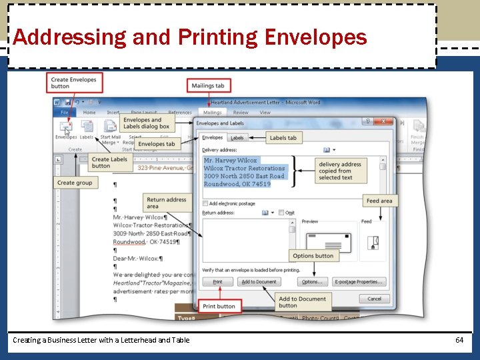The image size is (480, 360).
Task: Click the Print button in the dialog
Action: point(217,282)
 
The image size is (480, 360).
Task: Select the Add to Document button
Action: point(259,282)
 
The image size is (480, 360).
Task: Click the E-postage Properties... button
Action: point(359,282)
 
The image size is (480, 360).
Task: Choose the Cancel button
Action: point(374,299)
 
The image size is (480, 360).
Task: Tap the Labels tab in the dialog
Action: point(237,138)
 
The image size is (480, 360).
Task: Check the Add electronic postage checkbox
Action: point(205,203)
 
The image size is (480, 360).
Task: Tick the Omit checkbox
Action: point(281,213)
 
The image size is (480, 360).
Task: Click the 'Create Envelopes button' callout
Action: point(73,83)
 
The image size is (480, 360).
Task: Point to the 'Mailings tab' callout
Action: point(208,85)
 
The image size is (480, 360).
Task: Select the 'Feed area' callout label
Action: point(379,201)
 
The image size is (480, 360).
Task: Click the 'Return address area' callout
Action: point(166,203)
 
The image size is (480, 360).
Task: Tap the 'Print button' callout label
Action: point(219,307)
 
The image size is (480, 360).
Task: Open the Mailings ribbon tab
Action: point(212,113)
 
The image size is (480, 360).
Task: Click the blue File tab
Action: point(65,113)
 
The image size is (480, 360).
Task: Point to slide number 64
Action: point(459,340)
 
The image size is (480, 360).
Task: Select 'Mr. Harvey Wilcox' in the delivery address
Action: point(230,161)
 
